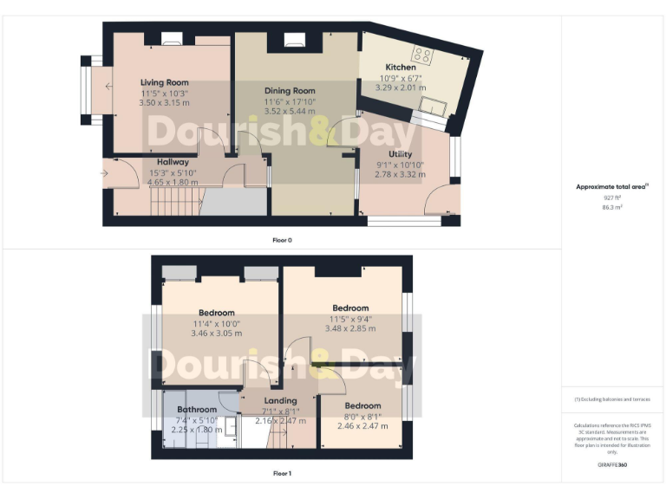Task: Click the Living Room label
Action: click(x=164, y=82)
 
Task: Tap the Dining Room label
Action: click(x=290, y=90)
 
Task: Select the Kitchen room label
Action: click(x=401, y=67)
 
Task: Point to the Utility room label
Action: click(x=401, y=154)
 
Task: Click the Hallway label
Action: click(x=173, y=162)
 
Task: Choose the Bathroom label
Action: click(x=197, y=409)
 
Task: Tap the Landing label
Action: click(x=280, y=400)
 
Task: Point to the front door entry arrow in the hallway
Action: click(x=105, y=173)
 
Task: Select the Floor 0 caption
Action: click(x=281, y=238)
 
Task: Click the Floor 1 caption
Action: click(x=282, y=474)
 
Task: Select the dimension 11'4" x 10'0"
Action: click(x=217, y=324)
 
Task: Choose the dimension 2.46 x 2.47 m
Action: click(x=362, y=425)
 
